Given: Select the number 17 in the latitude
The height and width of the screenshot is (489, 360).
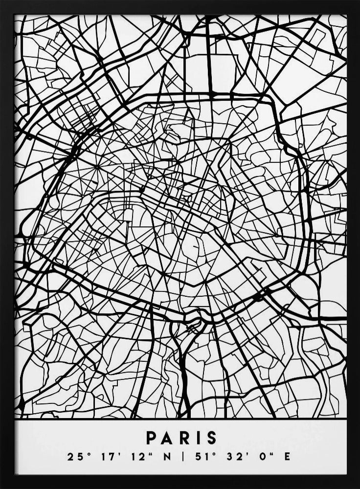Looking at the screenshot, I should tap(107, 457).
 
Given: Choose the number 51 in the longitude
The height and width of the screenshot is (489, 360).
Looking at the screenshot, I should tap(200, 457).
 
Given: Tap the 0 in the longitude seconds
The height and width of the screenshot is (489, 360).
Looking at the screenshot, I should tap(263, 457).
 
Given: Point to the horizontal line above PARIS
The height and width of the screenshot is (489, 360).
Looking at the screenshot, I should tap(180, 419).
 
